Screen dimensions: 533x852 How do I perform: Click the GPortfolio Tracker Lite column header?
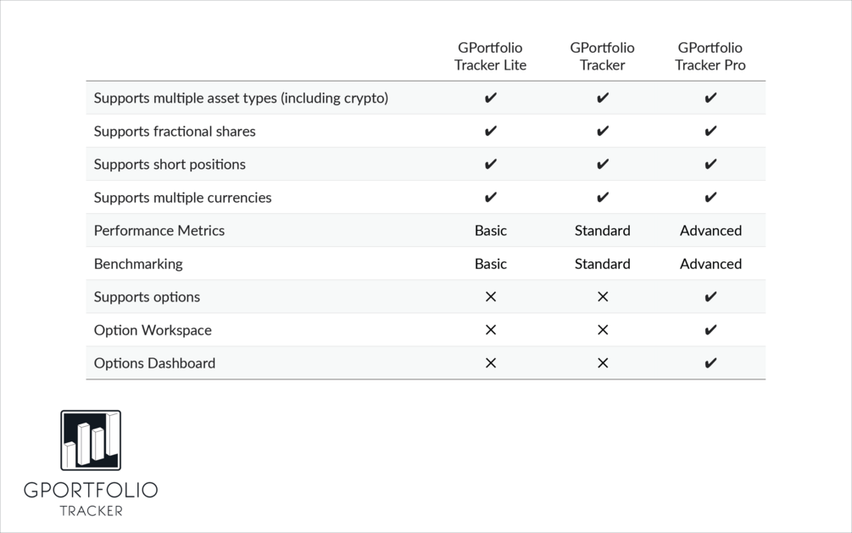click(490, 56)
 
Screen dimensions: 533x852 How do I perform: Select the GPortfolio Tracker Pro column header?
click(710, 56)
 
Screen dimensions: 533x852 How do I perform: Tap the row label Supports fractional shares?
click(174, 132)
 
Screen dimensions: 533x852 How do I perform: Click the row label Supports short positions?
click(170, 165)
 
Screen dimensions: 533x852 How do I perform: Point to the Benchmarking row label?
click(138, 264)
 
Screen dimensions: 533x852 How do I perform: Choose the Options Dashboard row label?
click(154, 363)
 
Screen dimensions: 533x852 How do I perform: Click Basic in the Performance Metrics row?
click(490, 231)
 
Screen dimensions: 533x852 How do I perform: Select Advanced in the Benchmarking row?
click(710, 264)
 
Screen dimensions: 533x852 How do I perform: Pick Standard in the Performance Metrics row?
click(602, 231)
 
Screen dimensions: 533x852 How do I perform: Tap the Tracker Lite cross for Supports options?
click(490, 297)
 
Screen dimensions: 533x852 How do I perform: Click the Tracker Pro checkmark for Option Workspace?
click(710, 330)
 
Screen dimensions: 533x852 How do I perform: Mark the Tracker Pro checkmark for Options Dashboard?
click(710, 363)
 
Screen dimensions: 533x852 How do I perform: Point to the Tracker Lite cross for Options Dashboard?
click(490, 363)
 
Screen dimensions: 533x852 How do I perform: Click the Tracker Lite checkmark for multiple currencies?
click(490, 198)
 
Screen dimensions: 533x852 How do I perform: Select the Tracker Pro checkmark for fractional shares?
click(710, 132)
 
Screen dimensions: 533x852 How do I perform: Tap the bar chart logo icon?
click(91, 440)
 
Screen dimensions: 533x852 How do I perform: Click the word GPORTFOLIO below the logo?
click(91, 491)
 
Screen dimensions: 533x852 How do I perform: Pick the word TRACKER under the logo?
click(91, 511)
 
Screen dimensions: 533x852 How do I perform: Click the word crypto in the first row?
click(363, 98)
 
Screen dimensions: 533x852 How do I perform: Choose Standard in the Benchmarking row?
click(602, 264)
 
